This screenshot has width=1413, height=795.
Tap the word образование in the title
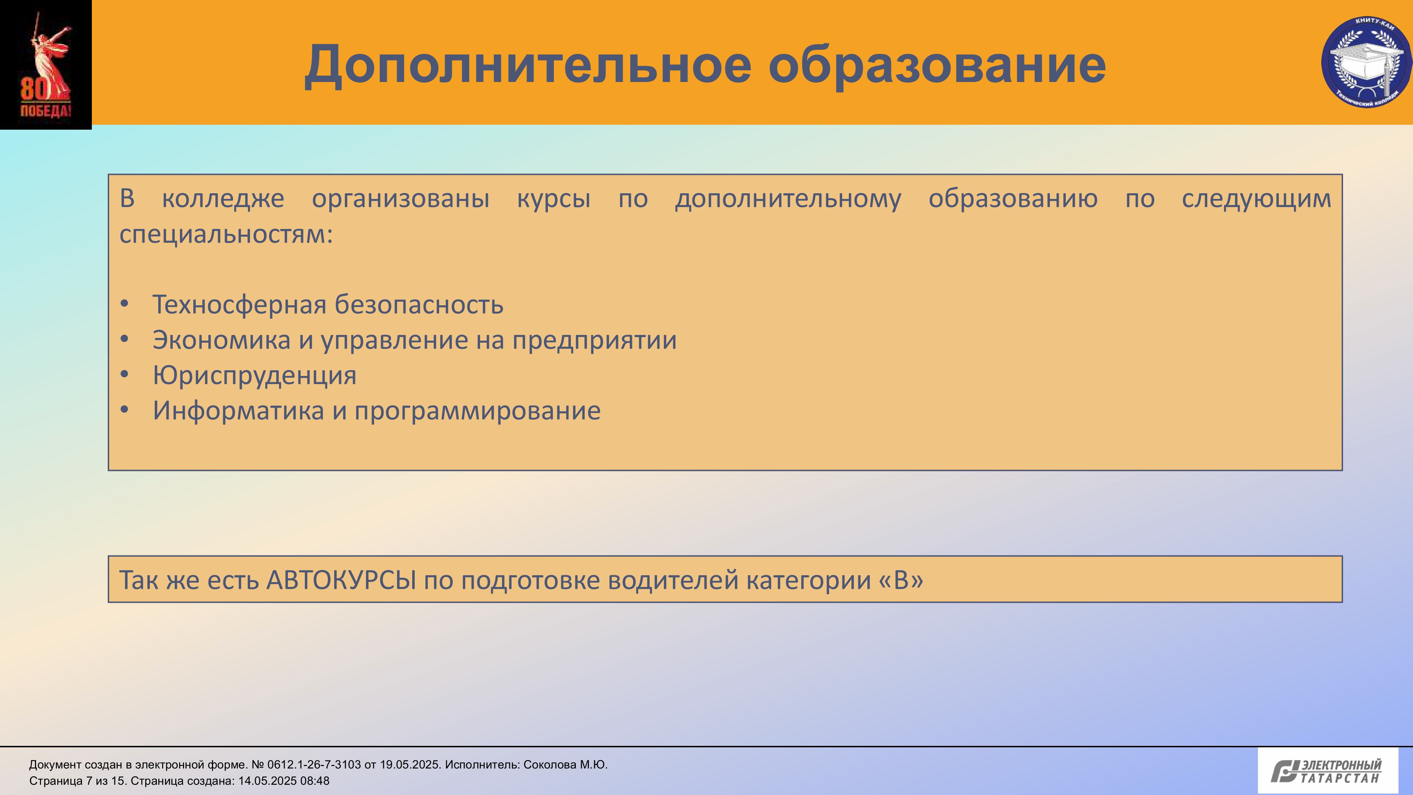tap(937, 66)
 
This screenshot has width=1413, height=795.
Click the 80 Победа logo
tap(46, 65)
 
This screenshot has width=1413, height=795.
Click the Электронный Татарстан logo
tap(1328, 770)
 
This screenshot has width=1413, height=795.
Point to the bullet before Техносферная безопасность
tap(124, 304)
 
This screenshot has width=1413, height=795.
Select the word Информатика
tap(238, 410)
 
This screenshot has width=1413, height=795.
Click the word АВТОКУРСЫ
tap(341, 580)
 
